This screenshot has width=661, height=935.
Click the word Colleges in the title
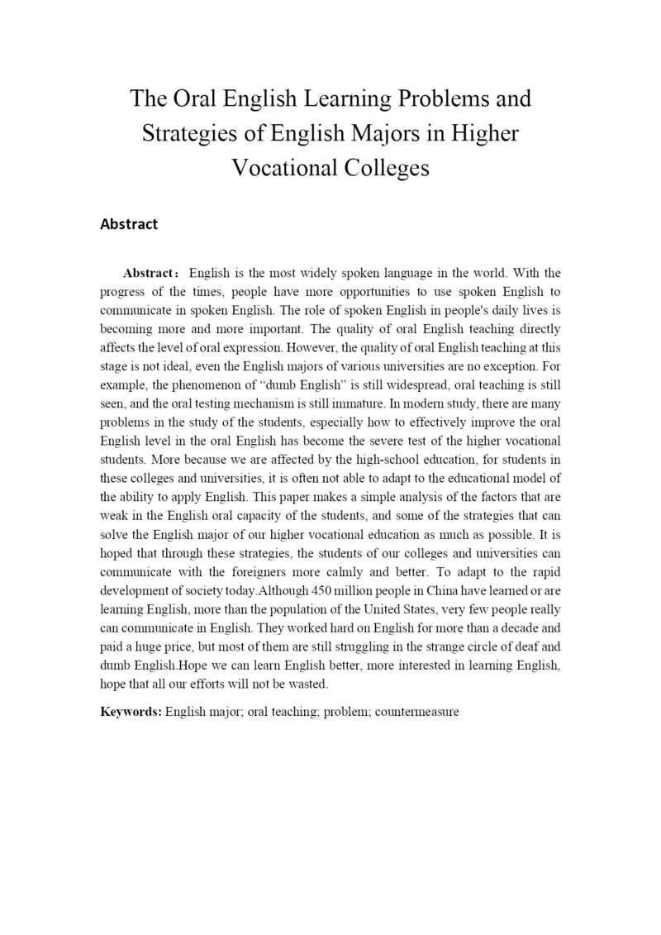[386, 168]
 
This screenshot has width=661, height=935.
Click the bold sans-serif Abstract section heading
[128, 224]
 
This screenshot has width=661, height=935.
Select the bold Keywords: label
[131, 711]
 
